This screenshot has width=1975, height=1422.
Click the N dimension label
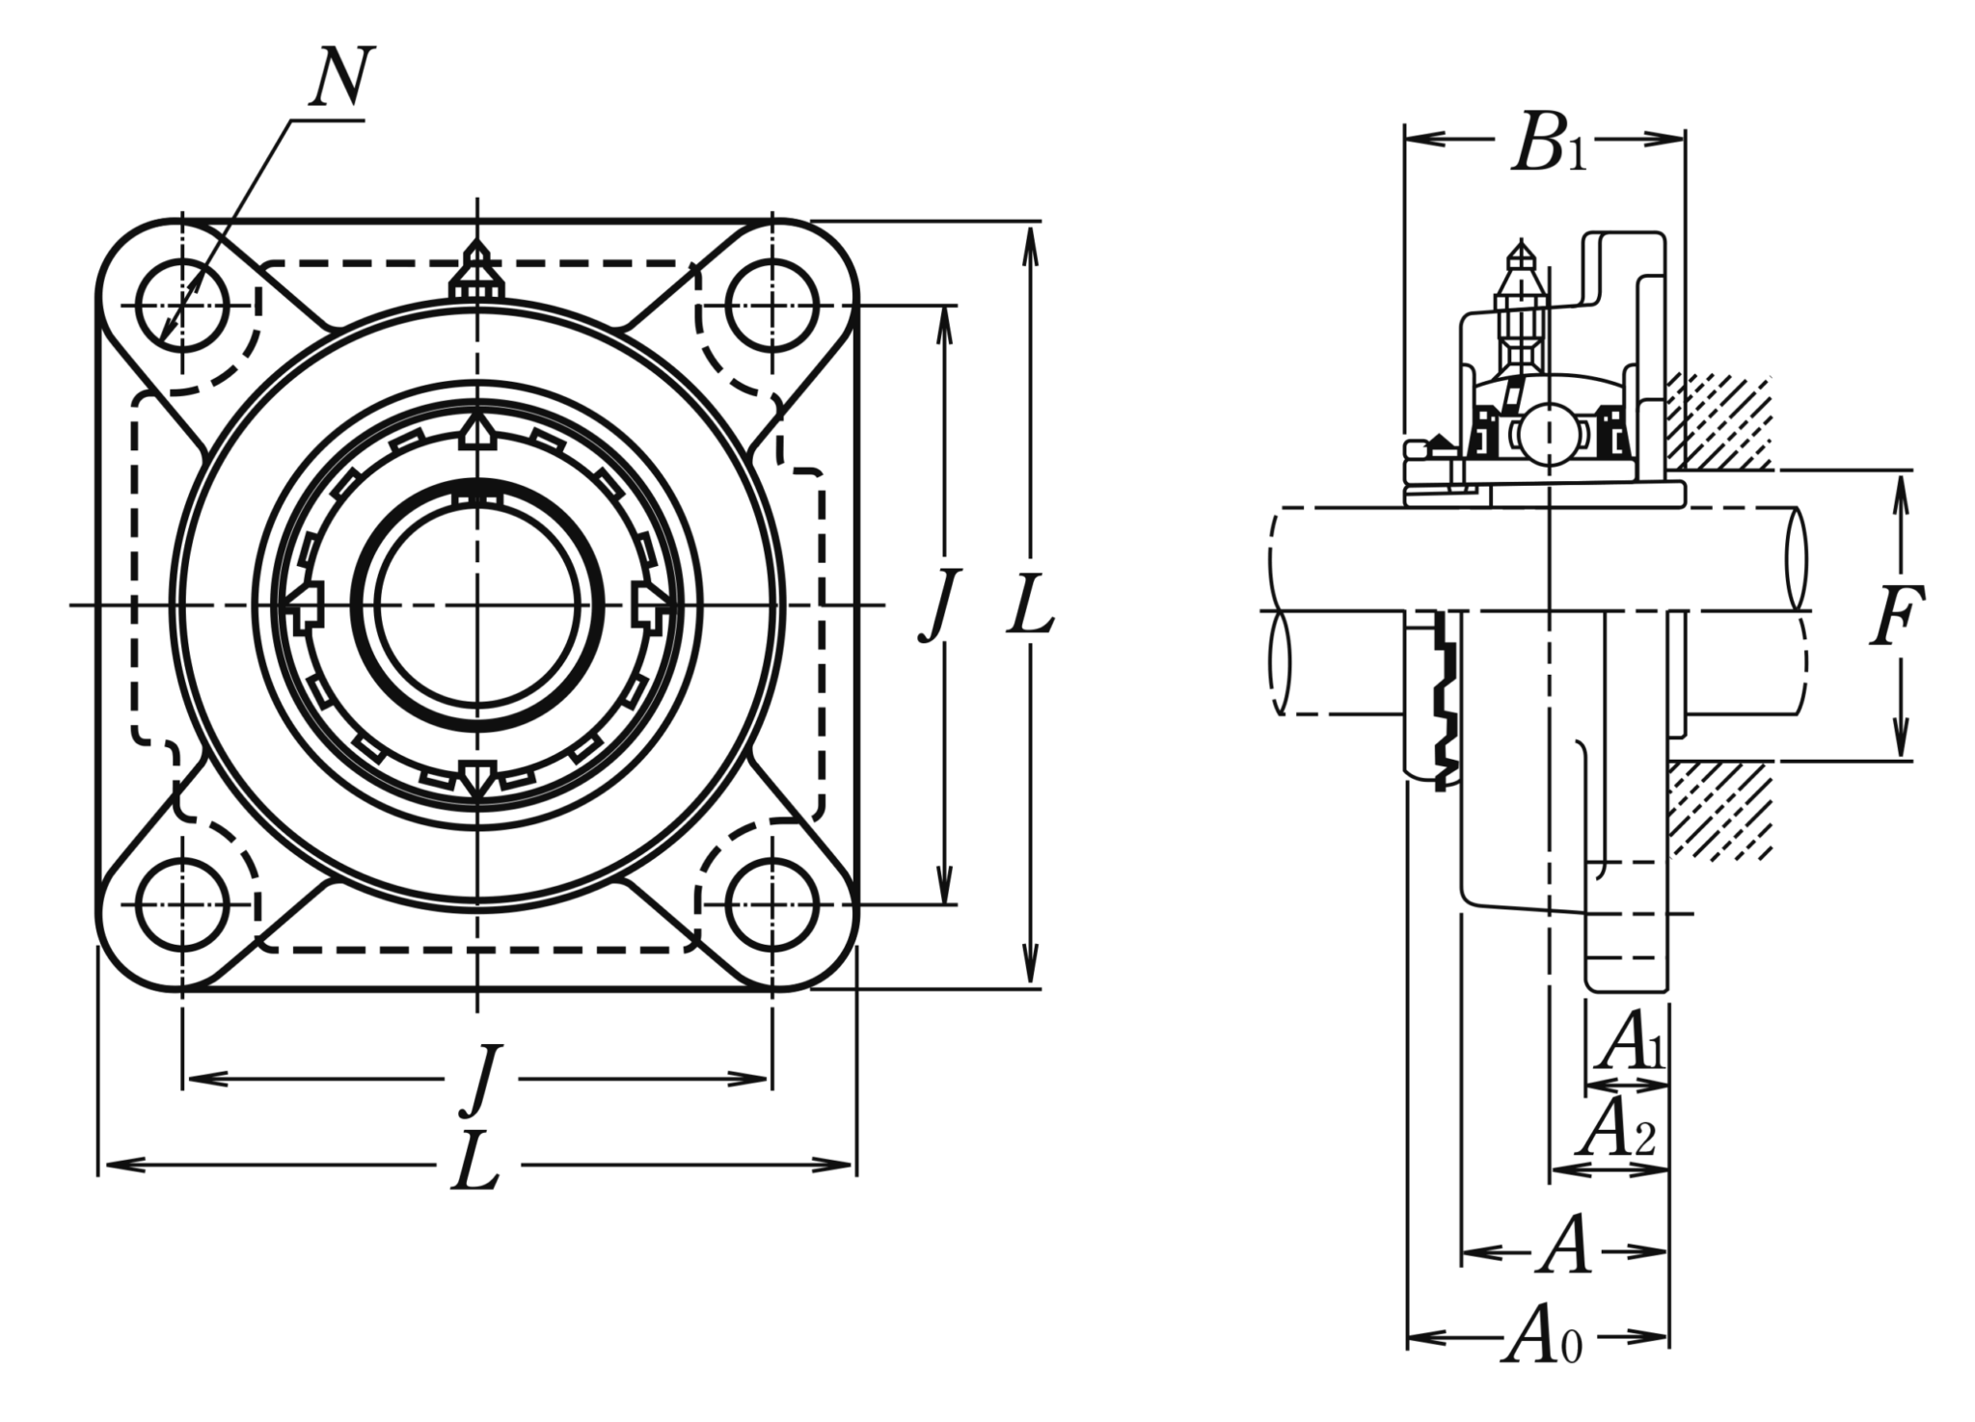[340, 76]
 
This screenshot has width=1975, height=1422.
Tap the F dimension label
[1897, 614]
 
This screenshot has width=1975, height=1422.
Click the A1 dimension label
[1631, 1045]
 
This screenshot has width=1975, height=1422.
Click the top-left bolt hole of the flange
[182, 306]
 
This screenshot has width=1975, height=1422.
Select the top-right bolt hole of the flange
[771, 306]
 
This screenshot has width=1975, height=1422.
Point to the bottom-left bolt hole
[182, 905]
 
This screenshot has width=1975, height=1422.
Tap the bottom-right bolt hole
[771, 905]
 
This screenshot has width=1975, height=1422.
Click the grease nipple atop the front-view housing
[476, 271]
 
